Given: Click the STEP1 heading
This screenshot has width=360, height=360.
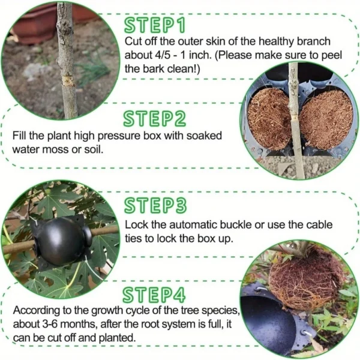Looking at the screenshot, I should point(155,25).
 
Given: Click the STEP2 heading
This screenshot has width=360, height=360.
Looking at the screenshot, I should point(155,118).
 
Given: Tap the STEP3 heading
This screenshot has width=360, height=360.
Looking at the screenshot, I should point(155,205).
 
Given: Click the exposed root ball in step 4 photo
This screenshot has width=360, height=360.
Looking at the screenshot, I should point(306,277).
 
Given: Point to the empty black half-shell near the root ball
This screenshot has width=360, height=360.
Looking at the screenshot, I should point(273,324).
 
